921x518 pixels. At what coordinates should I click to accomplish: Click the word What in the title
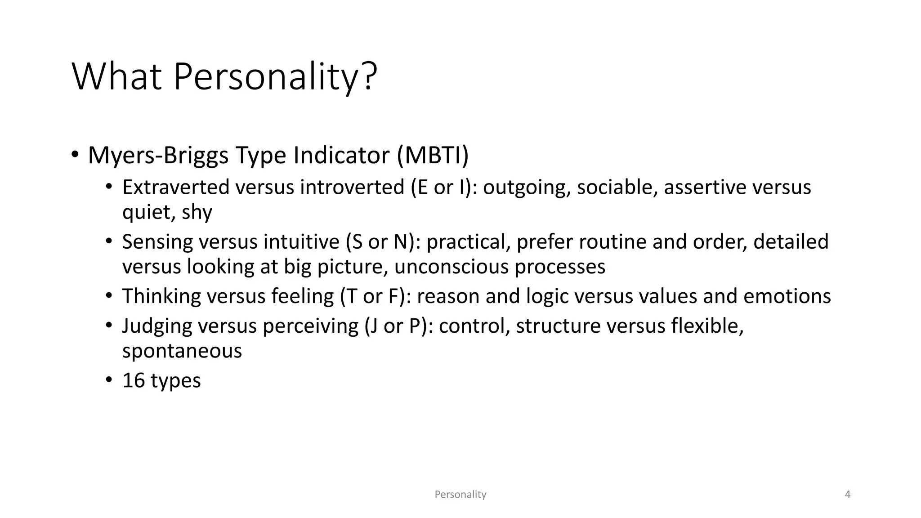coord(116,77)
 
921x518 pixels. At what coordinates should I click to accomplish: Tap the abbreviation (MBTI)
coord(433,155)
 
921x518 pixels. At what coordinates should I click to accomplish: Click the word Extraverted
coord(176,187)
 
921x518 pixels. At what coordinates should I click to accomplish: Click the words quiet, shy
coord(167,212)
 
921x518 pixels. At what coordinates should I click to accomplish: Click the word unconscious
coord(451,267)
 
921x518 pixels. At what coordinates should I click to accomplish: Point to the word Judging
coord(157,326)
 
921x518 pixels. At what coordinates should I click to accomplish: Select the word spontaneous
coord(182,351)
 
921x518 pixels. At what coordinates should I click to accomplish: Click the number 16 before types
coord(133,380)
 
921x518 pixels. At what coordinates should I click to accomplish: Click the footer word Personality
coord(460,495)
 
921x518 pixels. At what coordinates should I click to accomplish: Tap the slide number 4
coord(848,495)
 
